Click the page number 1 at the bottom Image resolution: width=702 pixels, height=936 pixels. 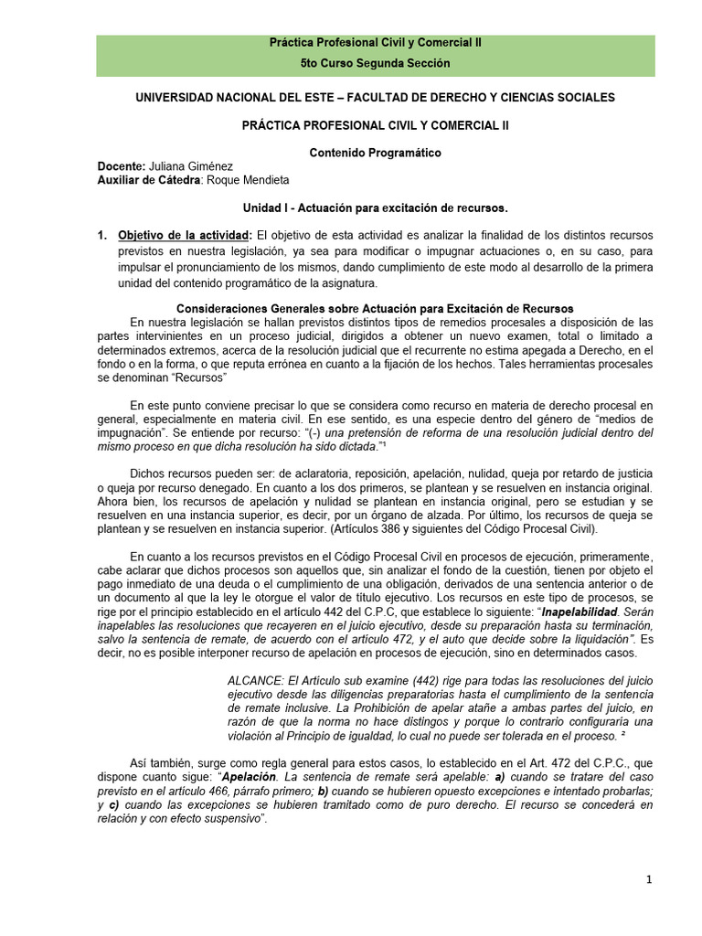coord(648,879)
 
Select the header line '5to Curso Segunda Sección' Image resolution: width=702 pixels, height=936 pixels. coord(376,63)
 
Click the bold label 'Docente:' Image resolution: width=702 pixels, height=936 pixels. coord(122,166)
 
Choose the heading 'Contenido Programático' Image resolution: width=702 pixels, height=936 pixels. coord(376,153)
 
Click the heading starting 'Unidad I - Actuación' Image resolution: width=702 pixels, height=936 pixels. coord(375,208)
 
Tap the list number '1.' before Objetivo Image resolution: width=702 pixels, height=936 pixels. coord(102,236)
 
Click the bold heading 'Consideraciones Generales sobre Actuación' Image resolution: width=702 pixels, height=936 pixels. coord(375,308)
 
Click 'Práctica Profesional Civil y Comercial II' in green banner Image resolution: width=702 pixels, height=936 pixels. coord(376,43)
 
